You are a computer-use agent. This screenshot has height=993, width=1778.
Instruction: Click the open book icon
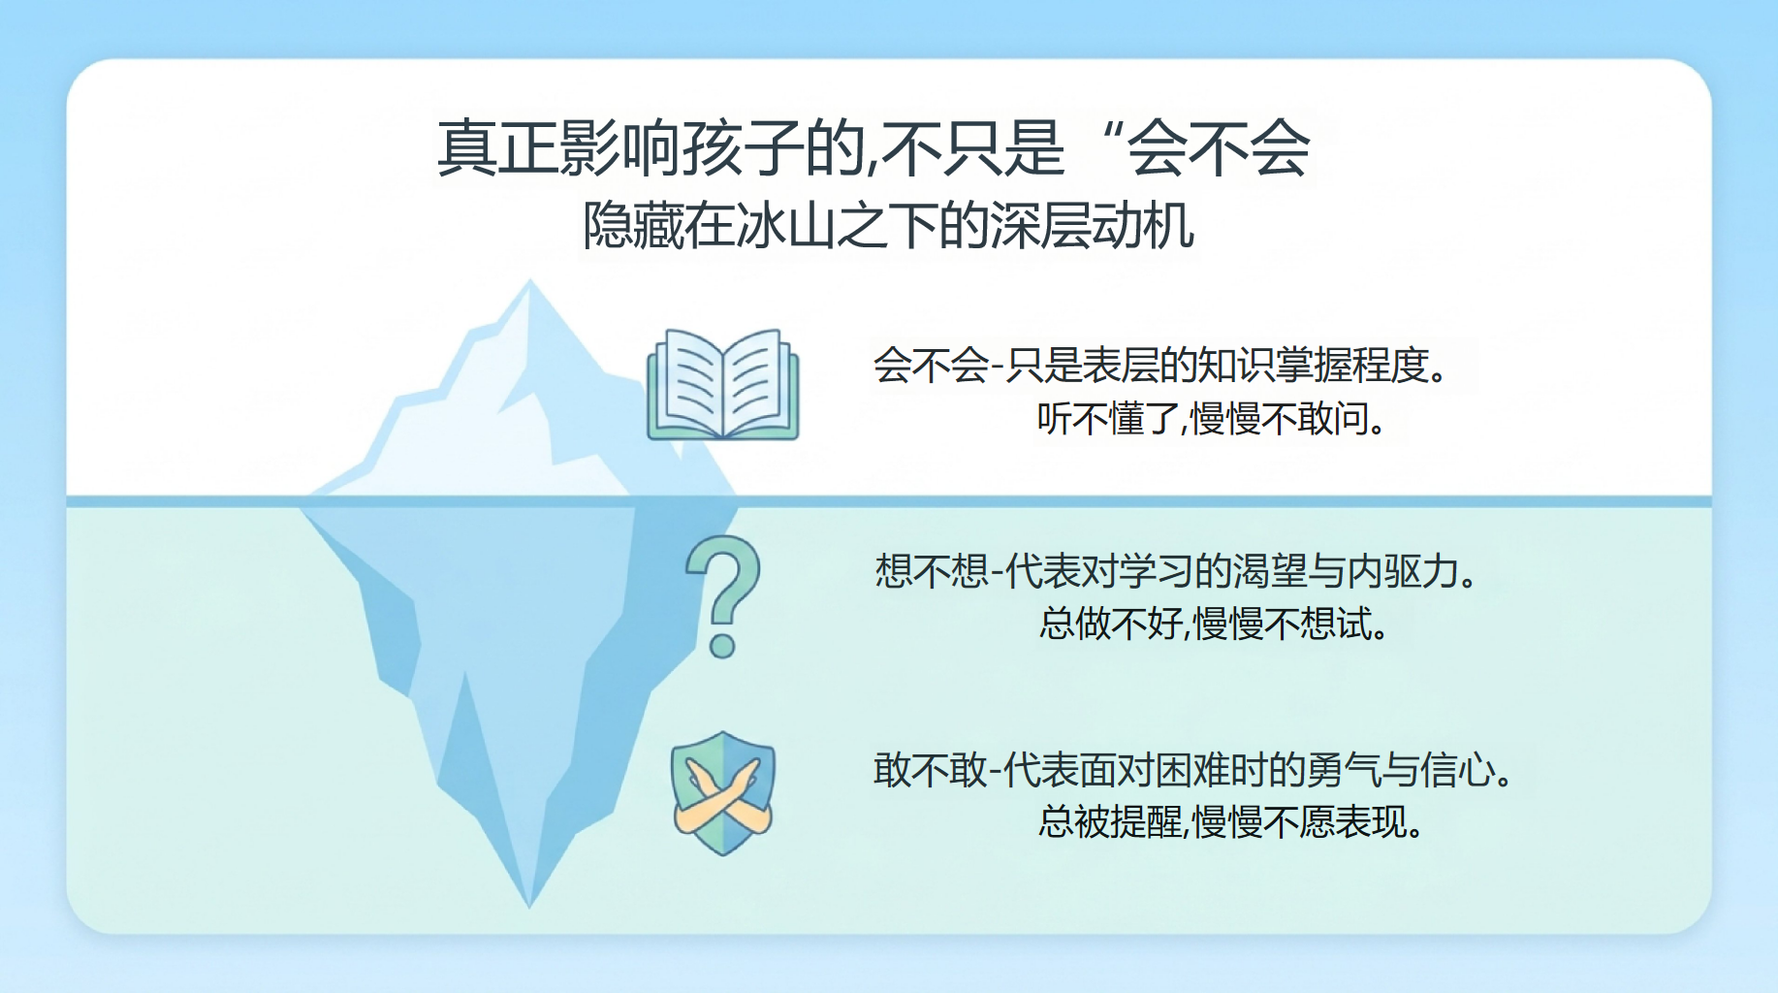tap(723, 384)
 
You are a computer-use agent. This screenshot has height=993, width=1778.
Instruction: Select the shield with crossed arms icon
tap(723, 793)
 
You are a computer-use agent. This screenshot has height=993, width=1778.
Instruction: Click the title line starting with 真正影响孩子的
tap(873, 148)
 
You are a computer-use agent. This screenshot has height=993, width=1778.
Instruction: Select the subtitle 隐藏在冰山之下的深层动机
tap(888, 226)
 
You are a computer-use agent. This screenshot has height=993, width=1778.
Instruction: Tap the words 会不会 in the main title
tap(1219, 148)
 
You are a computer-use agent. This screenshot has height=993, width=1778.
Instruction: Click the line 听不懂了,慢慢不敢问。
tap(1213, 419)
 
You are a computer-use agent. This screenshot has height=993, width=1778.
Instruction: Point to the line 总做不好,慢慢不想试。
tap(1214, 624)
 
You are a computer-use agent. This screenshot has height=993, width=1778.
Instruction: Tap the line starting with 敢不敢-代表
tap(1193, 771)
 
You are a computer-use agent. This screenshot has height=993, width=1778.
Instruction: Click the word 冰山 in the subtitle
tap(786, 226)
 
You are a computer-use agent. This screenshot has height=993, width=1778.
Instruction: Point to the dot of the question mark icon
tap(722, 645)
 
